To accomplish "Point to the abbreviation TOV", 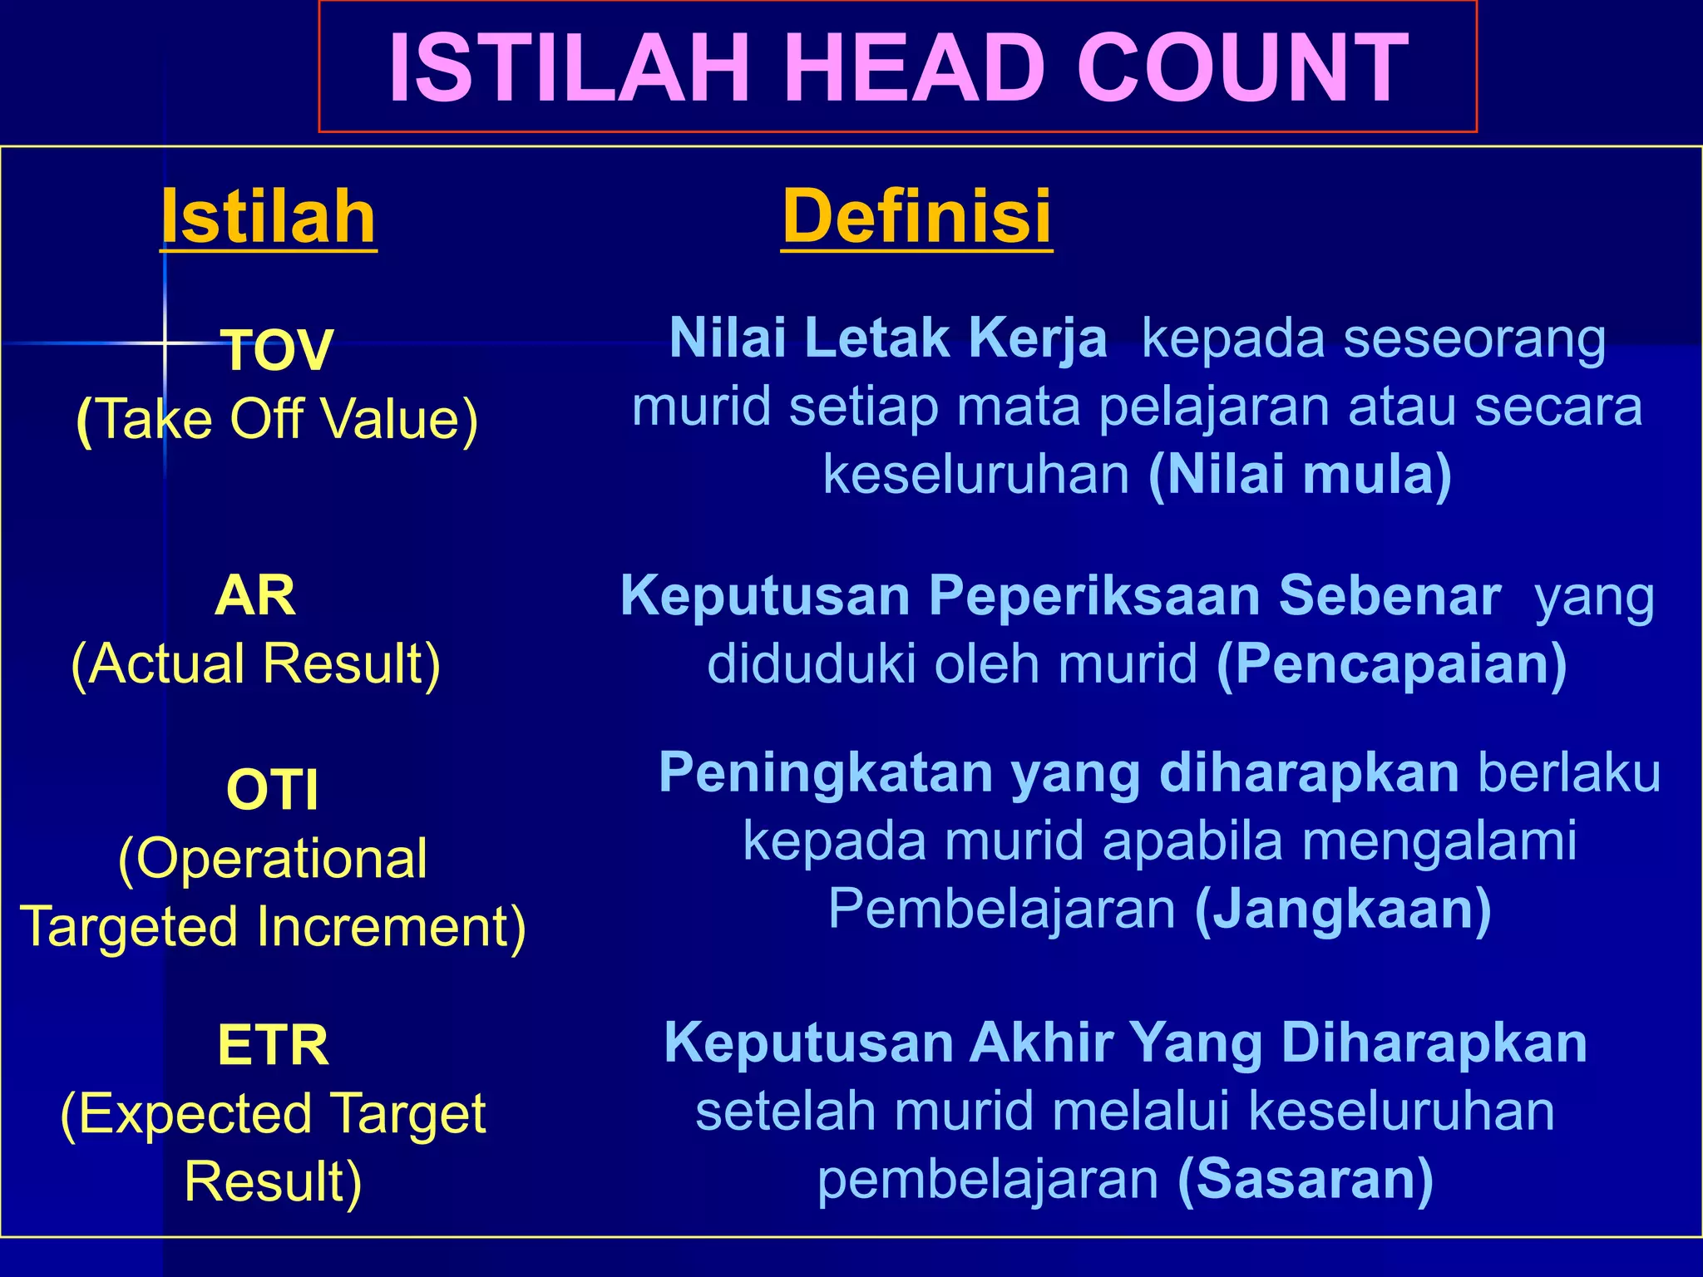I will (278, 350).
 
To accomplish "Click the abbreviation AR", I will (254, 595).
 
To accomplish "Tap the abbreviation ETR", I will (273, 1045).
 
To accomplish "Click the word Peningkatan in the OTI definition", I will (825, 773).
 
